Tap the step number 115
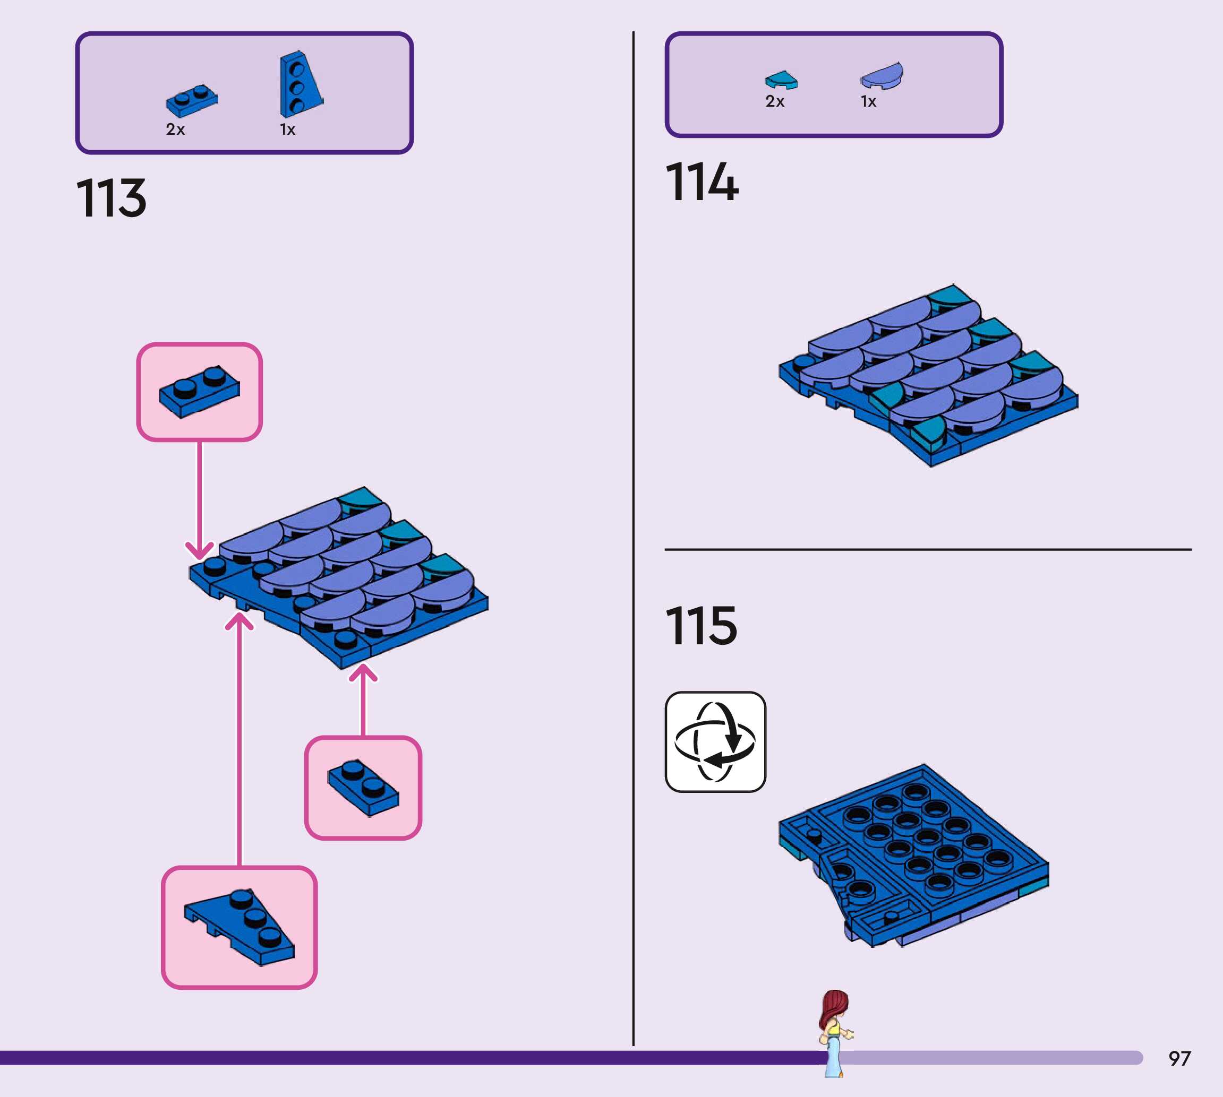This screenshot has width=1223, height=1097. (701, 626)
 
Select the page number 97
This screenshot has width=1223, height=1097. (1179, 1058)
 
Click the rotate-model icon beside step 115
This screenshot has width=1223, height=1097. (715, 741)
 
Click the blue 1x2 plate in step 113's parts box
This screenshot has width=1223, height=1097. (192, 100)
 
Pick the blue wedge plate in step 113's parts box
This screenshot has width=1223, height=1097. (299, 84)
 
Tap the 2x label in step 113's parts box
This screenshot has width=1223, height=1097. (175, 129)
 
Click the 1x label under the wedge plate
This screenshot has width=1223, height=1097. (288, 129)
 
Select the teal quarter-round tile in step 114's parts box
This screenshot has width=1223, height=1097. (781, 80)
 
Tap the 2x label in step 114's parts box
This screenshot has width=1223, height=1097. (775, 101)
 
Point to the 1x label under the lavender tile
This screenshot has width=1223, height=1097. (868, 101)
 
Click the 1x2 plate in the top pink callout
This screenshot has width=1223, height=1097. (200, 391)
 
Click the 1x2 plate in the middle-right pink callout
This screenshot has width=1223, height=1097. (363, 787)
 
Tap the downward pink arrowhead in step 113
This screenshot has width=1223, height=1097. (200, 550)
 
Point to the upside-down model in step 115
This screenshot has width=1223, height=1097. (913, 856)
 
